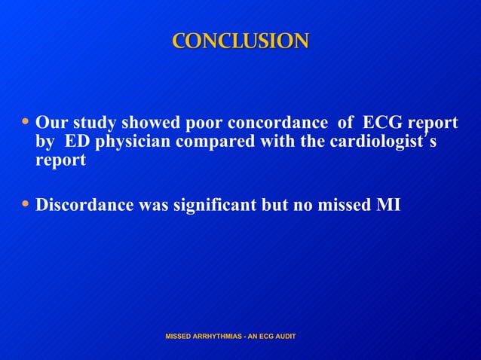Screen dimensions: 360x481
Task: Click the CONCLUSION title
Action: click(240, 41)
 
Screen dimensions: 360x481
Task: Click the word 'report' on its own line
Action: click(60, 161)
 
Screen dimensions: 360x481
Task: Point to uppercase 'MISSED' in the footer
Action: click(180, 335)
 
